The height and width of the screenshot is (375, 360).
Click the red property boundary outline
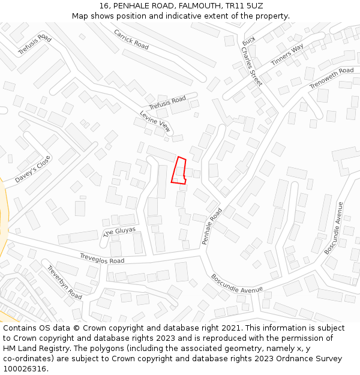(179, 170)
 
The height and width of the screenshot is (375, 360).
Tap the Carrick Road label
(131, 40)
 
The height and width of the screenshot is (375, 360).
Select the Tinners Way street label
(287, 55)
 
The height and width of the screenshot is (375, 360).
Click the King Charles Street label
(252, 61)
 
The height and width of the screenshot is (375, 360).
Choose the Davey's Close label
(34, 170)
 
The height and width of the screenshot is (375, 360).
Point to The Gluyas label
(119, 232)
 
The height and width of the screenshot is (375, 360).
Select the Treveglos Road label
(102, 259)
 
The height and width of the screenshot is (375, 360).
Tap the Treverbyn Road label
(64, 283)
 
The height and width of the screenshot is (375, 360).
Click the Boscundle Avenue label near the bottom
(237, 284)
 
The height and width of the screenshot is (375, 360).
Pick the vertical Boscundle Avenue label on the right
(334, 228)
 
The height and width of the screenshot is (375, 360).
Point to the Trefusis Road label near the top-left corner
(35, 45)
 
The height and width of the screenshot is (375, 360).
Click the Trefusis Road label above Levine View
(167, 103)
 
